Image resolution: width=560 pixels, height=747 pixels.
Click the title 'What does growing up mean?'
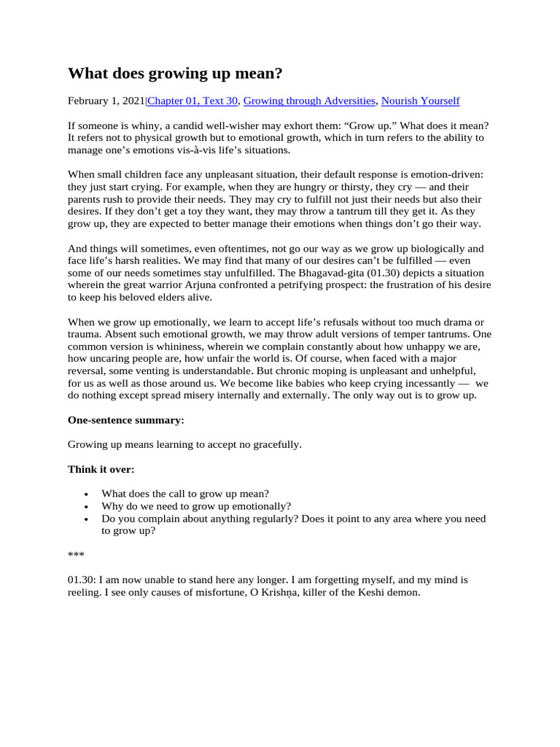(x=177, y=74)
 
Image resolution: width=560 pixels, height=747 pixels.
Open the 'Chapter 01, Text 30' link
(x=192, y=101)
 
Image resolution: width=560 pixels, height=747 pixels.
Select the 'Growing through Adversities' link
(x=310, y=101)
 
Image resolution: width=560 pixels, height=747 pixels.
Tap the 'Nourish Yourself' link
(x=420, y=101)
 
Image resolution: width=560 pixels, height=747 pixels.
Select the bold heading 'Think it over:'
(x=101, y=469)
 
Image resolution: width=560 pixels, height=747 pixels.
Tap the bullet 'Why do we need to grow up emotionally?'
(x=196, y=506)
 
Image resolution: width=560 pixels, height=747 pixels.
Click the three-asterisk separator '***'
(x=76, y=555)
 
